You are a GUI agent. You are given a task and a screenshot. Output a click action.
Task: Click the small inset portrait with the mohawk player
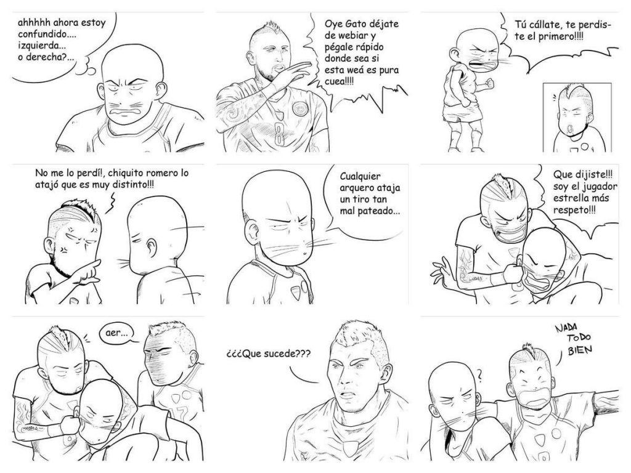573,117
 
